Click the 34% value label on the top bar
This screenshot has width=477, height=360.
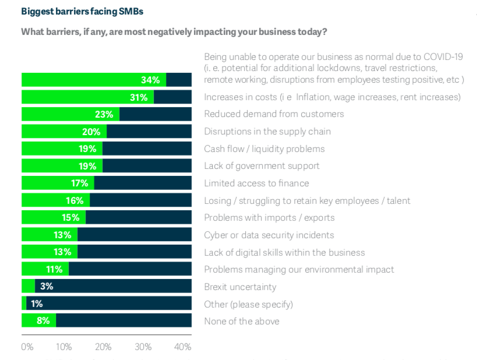[151, 80]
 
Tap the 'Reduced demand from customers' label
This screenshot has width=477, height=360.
[274, 114]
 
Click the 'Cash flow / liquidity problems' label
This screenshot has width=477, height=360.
[264, 149]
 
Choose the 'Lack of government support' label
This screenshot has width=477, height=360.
[262, 166]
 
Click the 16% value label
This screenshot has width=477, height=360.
[75, 200]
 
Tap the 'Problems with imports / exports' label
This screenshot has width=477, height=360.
[270, 218]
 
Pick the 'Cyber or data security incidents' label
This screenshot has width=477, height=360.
[268, 235]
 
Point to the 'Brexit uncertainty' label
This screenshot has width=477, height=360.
[240, 287]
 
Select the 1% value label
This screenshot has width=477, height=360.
[36, 303]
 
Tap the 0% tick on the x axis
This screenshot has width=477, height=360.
[27, 347]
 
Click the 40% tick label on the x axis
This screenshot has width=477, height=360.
[183, 347]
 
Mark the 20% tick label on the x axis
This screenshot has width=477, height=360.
[103, 347]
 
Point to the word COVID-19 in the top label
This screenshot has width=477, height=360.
[441, 57]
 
